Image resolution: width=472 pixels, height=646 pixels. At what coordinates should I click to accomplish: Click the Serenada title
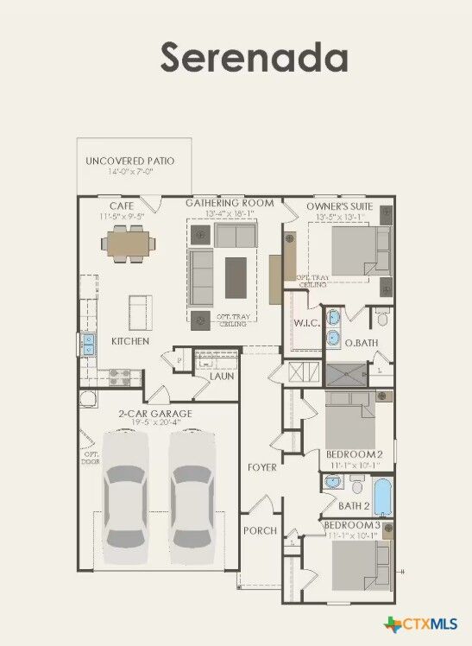(x=254, y=57)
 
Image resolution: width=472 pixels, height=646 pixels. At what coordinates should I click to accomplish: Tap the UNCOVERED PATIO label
(x=129, y=161)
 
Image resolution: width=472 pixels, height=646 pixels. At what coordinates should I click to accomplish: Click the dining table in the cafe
(x=129, y=244)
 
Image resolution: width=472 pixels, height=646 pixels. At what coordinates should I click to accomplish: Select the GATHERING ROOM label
(x=230, y=203)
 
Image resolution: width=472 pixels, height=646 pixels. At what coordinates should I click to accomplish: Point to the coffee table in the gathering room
(x=236, y=276)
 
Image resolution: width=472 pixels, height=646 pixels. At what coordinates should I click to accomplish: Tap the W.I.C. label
(x=306, y=323)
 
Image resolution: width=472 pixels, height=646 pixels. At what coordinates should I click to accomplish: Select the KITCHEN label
(x=130, y=341)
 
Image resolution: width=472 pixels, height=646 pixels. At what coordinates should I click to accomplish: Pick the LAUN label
(x=222, y=376)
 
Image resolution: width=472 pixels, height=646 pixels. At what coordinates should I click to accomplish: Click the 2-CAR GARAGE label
(x=155, y=414)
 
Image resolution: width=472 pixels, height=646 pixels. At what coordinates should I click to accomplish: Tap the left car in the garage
(x=126, y=497)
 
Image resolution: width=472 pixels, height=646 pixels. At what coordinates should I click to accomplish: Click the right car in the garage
(x=191, y=497)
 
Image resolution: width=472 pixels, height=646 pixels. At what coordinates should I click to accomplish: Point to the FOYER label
(x=261, y=467)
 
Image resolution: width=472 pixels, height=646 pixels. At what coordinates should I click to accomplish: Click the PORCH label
(x=260, y=530)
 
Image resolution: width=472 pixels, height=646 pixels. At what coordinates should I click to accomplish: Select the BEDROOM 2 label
(x=354, y=454)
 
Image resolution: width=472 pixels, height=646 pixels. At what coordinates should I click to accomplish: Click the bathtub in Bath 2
(x=382, y=497)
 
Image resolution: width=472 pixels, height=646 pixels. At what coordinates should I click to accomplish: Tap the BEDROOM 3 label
(x=351, y=525)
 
